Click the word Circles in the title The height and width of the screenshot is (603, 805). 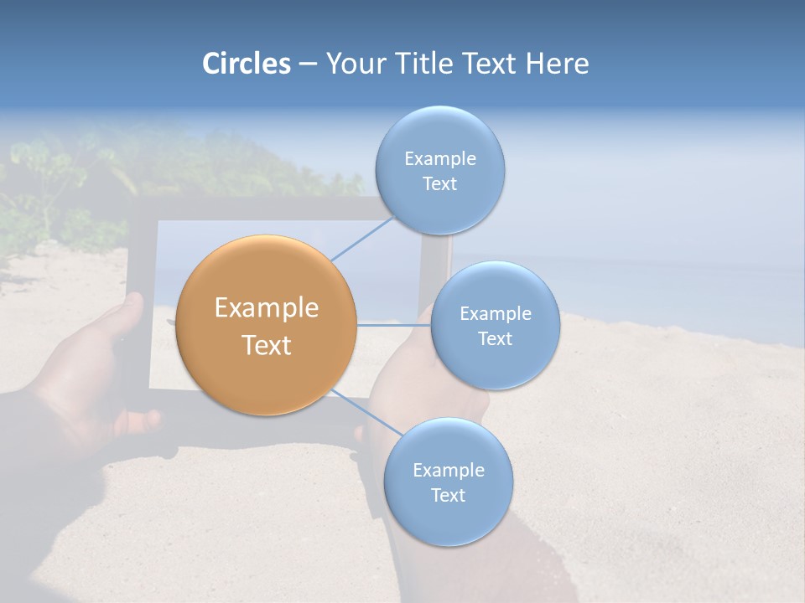coord(246,64)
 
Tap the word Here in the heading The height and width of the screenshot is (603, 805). coord(557,64)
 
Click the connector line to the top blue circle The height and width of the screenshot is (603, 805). coord(362,237)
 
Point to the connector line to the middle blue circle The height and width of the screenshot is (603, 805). coord(393,325)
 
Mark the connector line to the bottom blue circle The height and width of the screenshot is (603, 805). coord(366,412)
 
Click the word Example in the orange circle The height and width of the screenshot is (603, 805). coord(267,308)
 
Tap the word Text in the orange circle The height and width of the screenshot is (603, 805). coord(267,345)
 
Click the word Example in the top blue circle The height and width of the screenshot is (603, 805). coord(439,159)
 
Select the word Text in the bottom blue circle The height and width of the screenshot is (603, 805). coord(448,495)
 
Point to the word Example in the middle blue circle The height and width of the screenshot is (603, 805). coord(495,314)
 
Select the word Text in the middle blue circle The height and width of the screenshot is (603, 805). coord(495,339)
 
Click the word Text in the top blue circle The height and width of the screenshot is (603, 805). coord(439,184)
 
